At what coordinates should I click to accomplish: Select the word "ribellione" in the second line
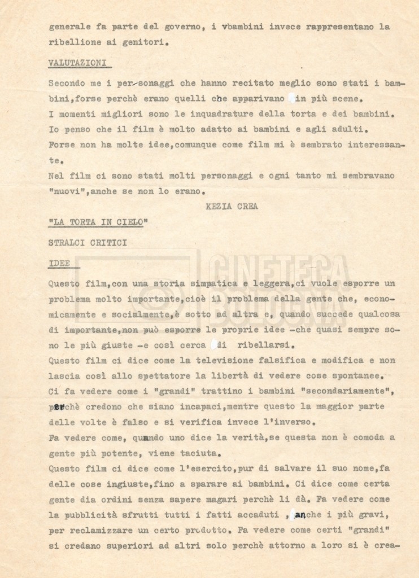[72, 41]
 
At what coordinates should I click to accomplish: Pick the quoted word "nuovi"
[67, 191]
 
